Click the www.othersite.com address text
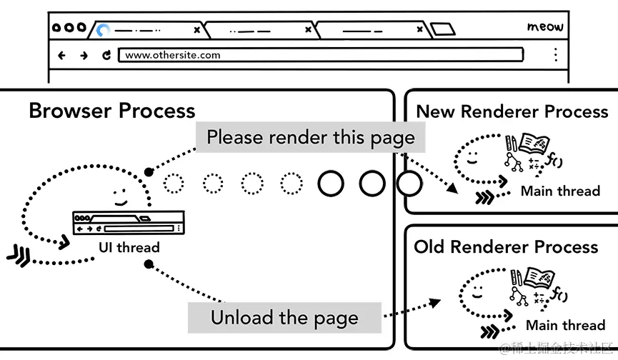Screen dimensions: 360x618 tap(172, 55)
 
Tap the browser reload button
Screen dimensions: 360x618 tap(106, 55)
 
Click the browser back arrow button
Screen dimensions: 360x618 tap(61, 55)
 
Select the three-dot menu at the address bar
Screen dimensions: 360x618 tap(555, 55)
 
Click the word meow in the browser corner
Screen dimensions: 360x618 tap(545, 27)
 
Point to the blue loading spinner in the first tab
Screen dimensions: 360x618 tap(104, 30)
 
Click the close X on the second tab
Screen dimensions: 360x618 tap(308, 30)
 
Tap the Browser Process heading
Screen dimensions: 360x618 tap(111, 111)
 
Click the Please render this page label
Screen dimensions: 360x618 tap(310, 136)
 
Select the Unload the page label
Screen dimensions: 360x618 tap(284, 318)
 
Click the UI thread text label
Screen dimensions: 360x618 tap(129, 247)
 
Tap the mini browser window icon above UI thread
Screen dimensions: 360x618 tap(129, 224)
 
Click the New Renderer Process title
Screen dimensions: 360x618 tap(512, 111)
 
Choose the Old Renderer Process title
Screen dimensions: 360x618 tap(506, 247)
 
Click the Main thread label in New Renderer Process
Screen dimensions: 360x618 tap(559, 191)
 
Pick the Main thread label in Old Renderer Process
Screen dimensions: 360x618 tap(564, 326)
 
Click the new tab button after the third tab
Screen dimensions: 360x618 tap(443, 30)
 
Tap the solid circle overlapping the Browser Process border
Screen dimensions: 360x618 tap(409, 184)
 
